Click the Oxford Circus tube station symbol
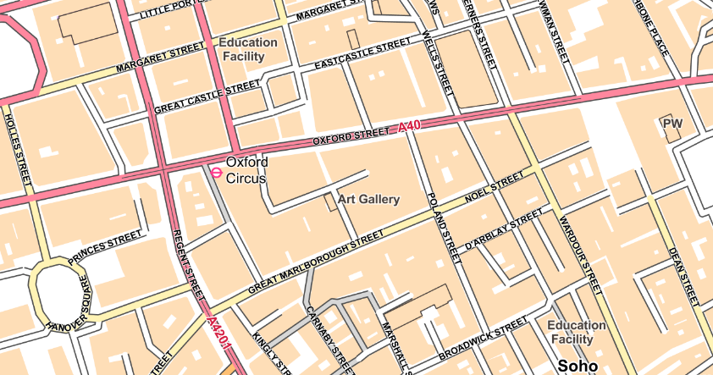216,172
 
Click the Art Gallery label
368,200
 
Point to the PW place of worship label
673,124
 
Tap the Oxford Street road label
351,135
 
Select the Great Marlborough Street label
310,262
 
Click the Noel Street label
495,190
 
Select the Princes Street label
106,243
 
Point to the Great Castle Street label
207,98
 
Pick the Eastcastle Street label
362,55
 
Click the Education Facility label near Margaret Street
247,49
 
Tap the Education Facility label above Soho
577,332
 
